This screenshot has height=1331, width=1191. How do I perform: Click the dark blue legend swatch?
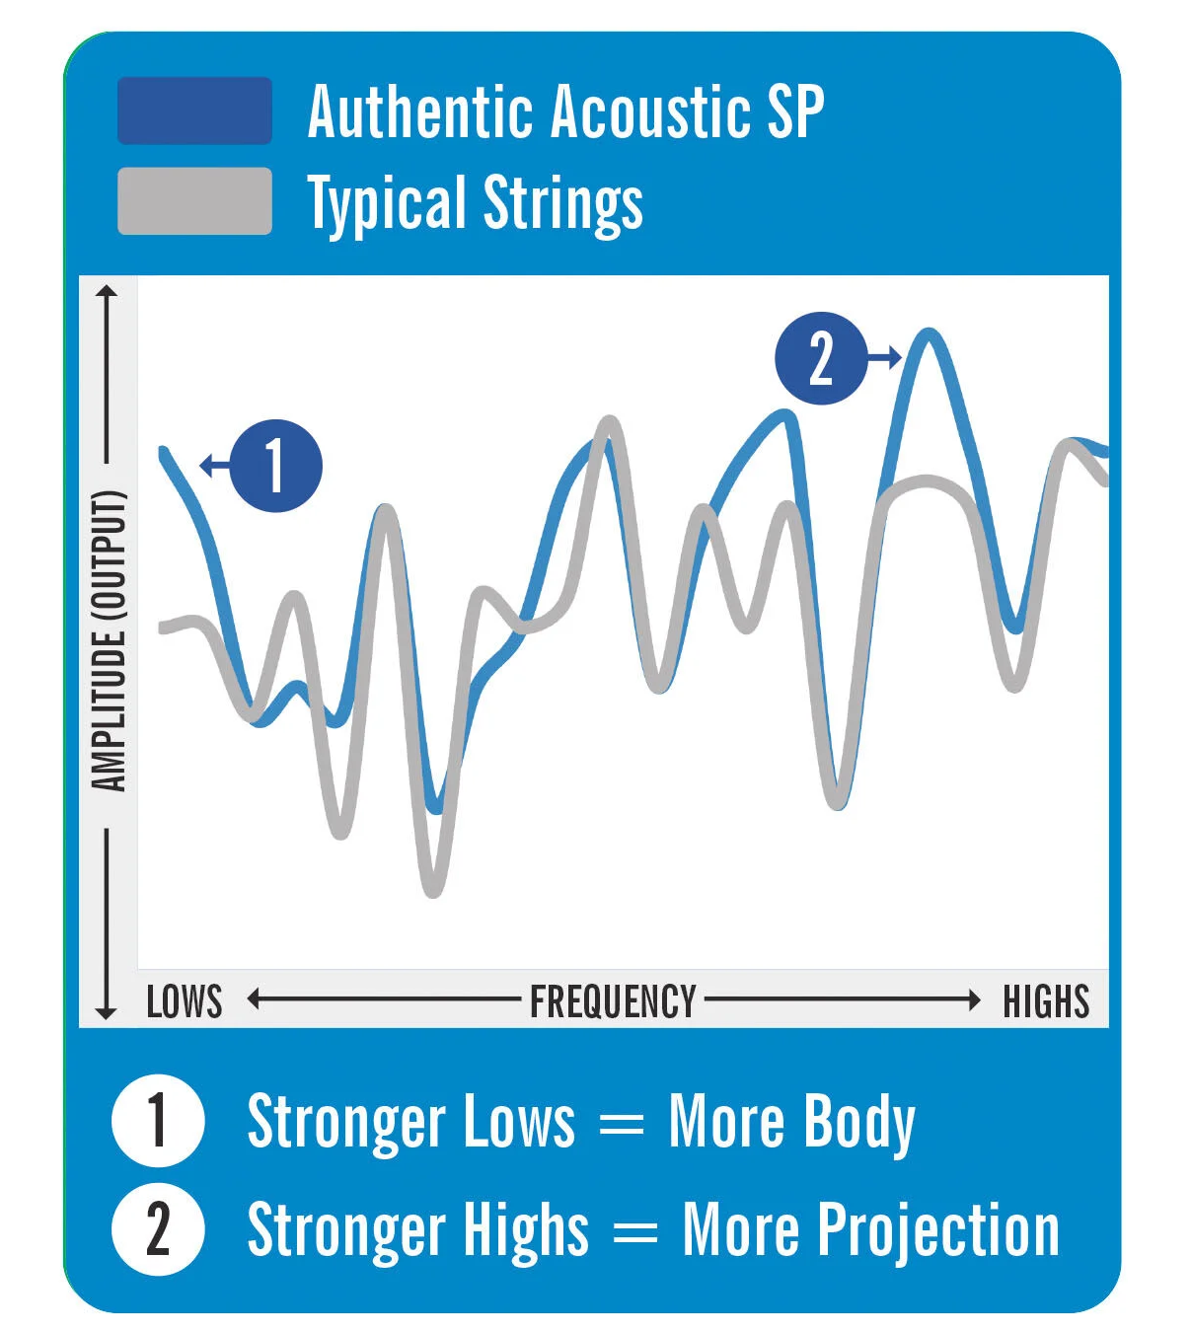click(x=194, y=111)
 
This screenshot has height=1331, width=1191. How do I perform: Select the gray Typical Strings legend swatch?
click(x=194, y=201)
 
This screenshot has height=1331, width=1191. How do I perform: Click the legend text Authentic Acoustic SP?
click(x=565, y=111)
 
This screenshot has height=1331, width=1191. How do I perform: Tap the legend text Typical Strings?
click(x=475, y=203)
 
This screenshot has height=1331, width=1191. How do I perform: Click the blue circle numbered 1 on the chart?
click(x=275, y=466)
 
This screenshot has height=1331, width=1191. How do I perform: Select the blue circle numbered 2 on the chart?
click(x=821, y=358)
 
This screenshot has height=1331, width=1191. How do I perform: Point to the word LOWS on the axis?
click(x=185, y=1000)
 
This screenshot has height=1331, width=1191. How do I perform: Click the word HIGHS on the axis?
click(x=1046, y=1000)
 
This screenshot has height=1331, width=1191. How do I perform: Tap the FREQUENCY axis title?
click(x=613, y=1000)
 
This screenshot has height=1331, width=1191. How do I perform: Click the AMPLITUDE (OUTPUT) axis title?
click(x=110, y=641)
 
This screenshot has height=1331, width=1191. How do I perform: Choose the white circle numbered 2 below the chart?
click(x=158, y=1229)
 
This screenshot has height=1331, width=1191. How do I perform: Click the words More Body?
click(x=791, y=1122)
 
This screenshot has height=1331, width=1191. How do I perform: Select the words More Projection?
click(x=870, y=1229)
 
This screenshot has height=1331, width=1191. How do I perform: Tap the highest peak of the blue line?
click(x=928, y=335)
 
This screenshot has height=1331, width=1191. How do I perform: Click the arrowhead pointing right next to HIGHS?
click(x=974, y=999)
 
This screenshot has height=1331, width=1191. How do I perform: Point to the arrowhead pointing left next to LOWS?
click(x=254, y=999)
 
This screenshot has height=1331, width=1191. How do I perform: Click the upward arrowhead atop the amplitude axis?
click(x=106, y=291)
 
